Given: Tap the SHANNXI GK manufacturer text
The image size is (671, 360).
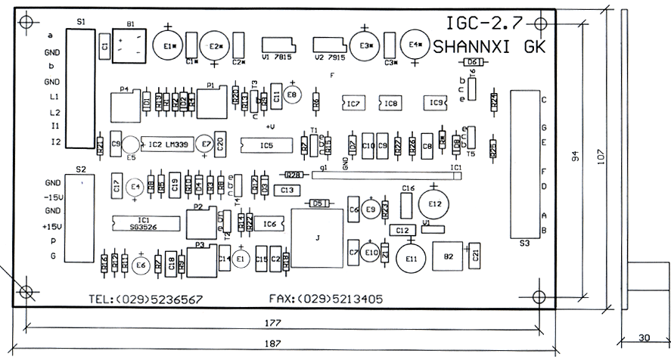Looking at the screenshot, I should click(489, 46).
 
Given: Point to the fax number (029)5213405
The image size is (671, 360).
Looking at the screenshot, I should click(325, 299).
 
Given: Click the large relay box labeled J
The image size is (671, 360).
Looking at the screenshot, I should click(317, 237).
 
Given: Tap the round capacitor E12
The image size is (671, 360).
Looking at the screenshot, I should click(434, 203).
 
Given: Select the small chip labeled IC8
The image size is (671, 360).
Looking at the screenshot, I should click(390, 103).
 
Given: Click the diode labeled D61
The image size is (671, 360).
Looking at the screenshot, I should click(472, 62).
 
